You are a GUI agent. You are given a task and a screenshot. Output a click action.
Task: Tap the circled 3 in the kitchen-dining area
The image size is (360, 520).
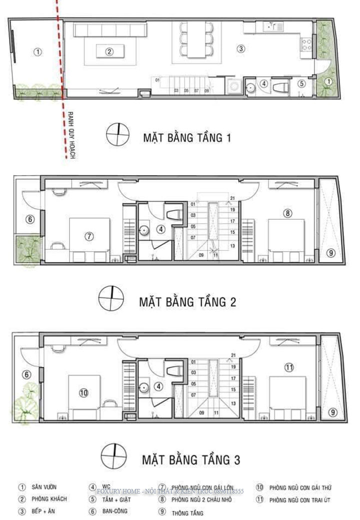pyautogui.click(x=241, y=49)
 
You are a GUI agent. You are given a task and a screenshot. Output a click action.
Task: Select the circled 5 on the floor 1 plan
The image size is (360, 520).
pyautogui.click(x=301, y=84)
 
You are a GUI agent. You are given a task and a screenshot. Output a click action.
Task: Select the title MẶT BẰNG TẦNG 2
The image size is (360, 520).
pyautogui.click(x=187, y=302)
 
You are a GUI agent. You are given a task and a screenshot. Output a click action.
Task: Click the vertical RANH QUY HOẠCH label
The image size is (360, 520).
pyautogui.click(x=70, y=135)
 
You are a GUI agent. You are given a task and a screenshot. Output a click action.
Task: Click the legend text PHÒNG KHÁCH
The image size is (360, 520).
pyautogui.click(x=49, y=499)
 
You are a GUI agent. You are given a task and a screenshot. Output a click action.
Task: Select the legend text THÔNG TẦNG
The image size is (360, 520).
pyautogui.click(x=187, y=513)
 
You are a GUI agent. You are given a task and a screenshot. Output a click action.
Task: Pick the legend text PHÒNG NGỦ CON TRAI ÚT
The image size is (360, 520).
pyautogui.click(x=300, y=499)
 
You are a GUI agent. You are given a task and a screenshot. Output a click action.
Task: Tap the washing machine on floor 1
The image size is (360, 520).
pyautogui.click(x=233, y=87)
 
